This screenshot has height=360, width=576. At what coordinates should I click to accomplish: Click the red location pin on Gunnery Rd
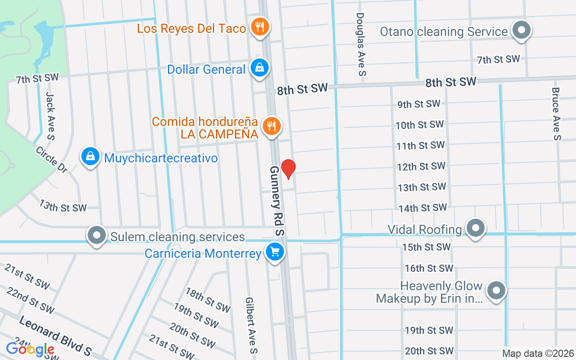tap(288, 169)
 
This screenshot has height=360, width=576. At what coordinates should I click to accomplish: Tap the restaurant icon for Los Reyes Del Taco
tap(260, 27)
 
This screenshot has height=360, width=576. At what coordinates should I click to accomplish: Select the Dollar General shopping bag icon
tap(260, 68)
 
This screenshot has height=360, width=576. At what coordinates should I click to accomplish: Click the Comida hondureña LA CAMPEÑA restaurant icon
tap(271, 126)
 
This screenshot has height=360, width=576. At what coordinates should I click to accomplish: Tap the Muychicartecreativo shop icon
tap(90, 157)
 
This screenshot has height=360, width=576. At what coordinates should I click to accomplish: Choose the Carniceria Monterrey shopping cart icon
tap(274, 252)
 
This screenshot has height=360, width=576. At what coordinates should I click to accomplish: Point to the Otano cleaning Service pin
tap(522, 30)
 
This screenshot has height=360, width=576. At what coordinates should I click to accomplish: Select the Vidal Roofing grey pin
tap(476, 228)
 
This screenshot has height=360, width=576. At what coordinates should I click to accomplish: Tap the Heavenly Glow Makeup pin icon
tap(496, 290)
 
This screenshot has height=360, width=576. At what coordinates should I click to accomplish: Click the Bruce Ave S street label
tap(557, 113)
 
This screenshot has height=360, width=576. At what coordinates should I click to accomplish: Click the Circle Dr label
tap(51, 159)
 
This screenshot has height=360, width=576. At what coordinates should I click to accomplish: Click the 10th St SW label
tap(419, 125)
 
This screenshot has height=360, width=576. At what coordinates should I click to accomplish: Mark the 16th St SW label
tap(429, 268)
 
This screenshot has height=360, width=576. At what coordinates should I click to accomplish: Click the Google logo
tap(30, 349)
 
